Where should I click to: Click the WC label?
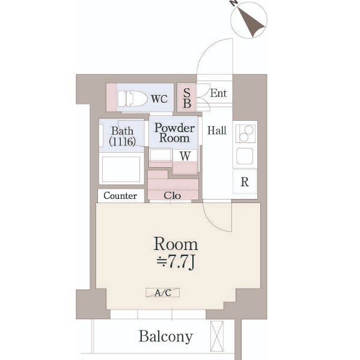click(159, 99)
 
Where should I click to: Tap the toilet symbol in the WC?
click(132, 99)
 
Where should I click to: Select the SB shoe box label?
click(187, 98)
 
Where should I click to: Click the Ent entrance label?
click(218, 93)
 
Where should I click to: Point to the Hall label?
click(217, 130)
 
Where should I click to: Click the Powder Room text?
click(174, 133)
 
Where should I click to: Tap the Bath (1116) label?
click(122, 136)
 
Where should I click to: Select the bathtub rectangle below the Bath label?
click(121, 169)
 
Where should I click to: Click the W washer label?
click(185, 156)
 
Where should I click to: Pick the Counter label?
click(120, 195)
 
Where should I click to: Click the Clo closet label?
click(172, 195)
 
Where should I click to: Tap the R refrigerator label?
click(245, 182)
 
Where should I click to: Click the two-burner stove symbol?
click(246, 133)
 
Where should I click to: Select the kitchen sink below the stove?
click(245, 156)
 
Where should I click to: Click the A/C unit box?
click(163, 293)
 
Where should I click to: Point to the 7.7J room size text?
click(176, 261)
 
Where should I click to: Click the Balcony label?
click(166, 337)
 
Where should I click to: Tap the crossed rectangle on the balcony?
click(217, 336)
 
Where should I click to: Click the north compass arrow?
click(251, 22)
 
